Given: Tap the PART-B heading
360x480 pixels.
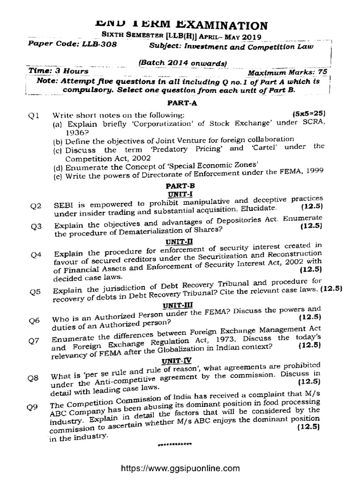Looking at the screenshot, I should click(x=180, y=186).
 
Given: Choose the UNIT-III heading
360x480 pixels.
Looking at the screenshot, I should click(x=174, y=304).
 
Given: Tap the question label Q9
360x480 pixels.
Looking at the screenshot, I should click(x=32, y=407).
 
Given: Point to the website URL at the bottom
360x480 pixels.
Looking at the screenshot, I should click(x=180, y=468).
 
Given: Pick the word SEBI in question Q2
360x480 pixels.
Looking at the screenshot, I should click(x=63, y=205).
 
